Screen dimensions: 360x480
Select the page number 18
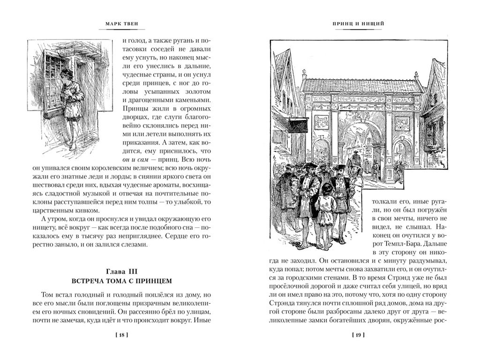(x=120, y=335)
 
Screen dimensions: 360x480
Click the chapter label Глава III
(x=120, y=271)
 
